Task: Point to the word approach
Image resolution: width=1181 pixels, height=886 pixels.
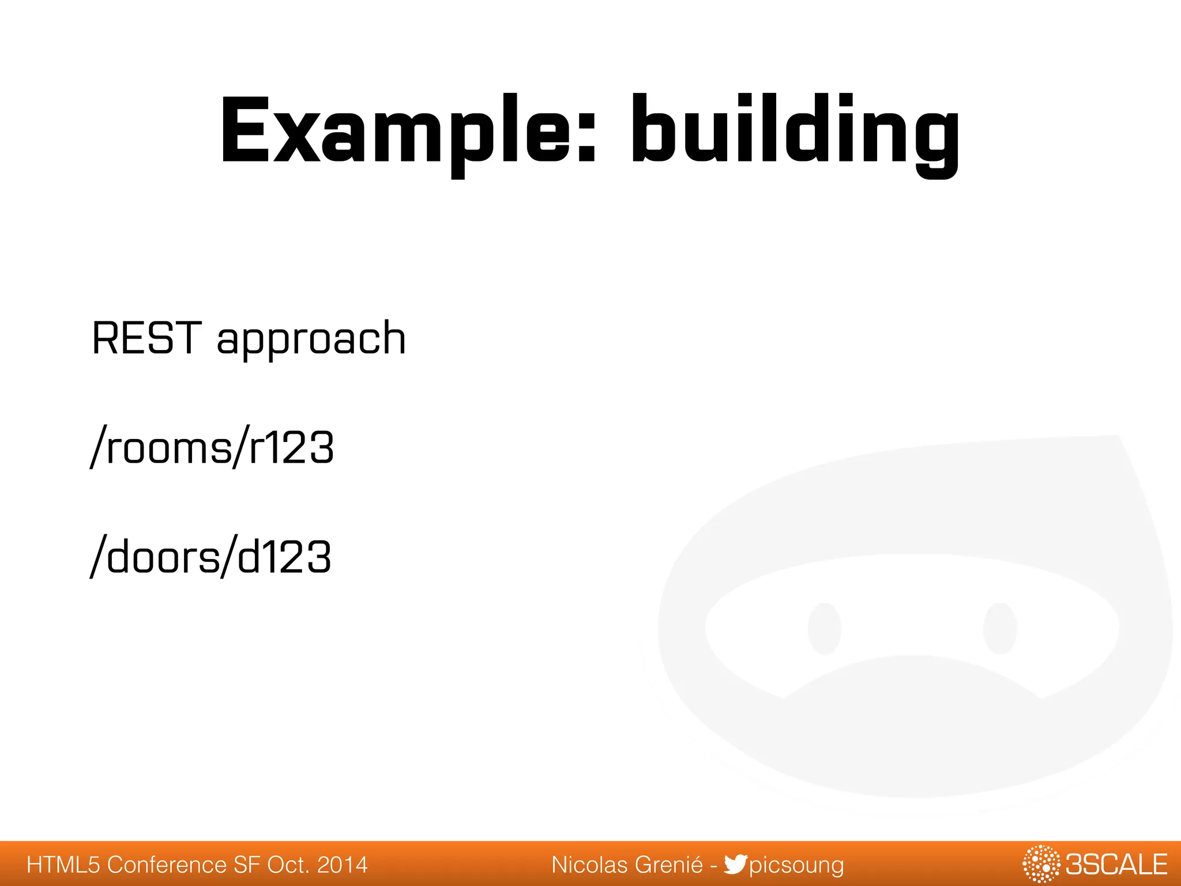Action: tap(311, 340)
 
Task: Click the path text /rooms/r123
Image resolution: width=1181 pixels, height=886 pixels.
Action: tap(212, 448)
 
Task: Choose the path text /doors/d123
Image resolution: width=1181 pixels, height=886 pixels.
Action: tap(211, 557)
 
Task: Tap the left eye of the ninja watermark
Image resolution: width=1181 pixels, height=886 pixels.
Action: tap(824, 629)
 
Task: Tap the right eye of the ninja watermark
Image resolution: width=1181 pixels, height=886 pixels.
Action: tap(999, 629)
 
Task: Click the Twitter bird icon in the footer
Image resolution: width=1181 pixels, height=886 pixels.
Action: tap(735, 864)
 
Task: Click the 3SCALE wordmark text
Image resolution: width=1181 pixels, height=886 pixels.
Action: tap(1116, 865)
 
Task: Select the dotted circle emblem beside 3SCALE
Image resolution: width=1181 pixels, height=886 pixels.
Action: tap(1041, 864)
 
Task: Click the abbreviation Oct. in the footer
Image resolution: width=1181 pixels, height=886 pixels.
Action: tap(288, 865)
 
